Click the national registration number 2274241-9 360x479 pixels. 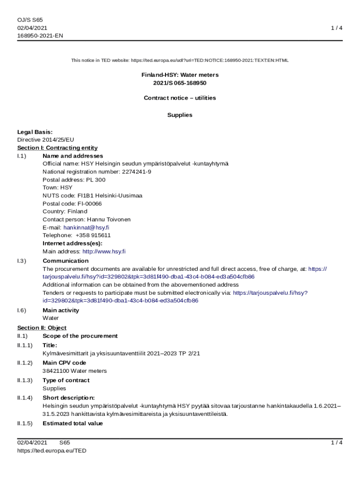137,172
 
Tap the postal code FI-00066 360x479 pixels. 87,203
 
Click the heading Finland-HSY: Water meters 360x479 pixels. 180,75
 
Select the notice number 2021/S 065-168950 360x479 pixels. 180,83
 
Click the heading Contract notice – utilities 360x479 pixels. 180,98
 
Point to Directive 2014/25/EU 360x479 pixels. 46,139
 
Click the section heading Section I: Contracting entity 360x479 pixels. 58,148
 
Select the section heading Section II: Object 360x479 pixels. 42,328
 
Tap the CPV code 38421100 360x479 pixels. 55,371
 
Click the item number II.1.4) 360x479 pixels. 25,398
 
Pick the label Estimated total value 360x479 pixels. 72,423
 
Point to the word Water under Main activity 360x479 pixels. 50,318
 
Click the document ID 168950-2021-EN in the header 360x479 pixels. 40,36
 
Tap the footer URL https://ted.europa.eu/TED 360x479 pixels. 52,450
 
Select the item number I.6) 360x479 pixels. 22,310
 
